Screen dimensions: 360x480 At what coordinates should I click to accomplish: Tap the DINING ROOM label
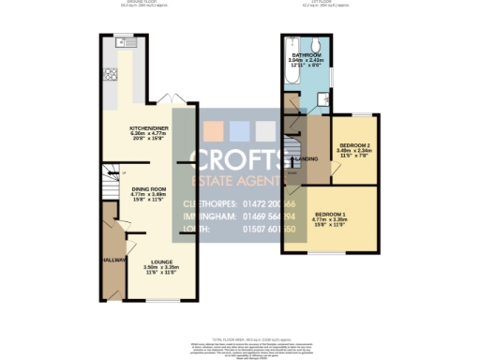(144, 188)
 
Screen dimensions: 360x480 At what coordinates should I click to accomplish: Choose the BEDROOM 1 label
(331, 215)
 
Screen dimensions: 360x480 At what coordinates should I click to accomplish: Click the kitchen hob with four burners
(111, 75)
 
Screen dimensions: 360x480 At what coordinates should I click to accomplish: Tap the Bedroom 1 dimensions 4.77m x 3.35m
(331, 220)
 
